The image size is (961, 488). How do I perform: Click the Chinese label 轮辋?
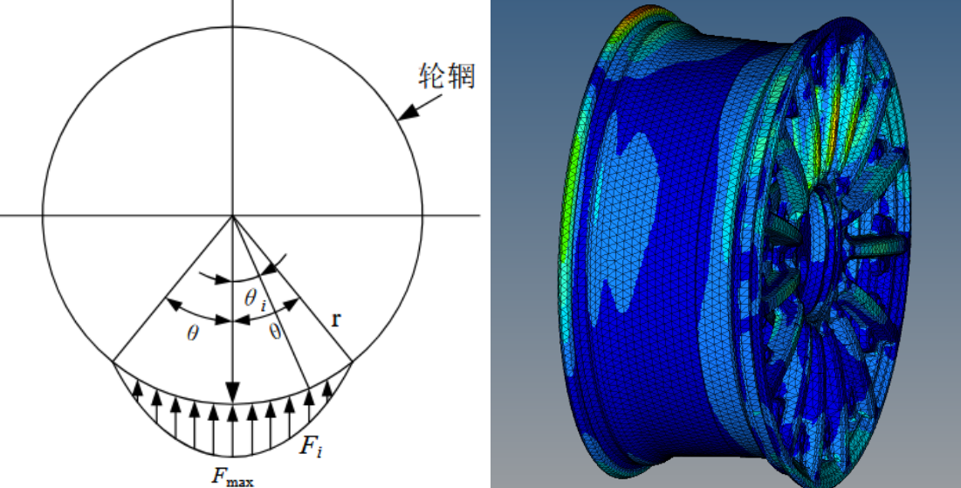click(x=447, y=76)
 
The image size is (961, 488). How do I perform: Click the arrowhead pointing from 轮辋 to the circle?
click(x=408, y=113)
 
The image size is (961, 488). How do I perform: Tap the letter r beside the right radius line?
click(x=336, y=320)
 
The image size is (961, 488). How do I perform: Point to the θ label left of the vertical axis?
click(x=193, y=333)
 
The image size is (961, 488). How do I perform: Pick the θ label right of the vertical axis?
click(x=275, y=332)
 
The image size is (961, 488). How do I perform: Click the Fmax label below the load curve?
click(x=232, y=477)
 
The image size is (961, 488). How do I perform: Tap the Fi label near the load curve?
click(x=311, y=446)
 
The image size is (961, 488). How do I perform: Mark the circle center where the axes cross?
click(x=232, y=216)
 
